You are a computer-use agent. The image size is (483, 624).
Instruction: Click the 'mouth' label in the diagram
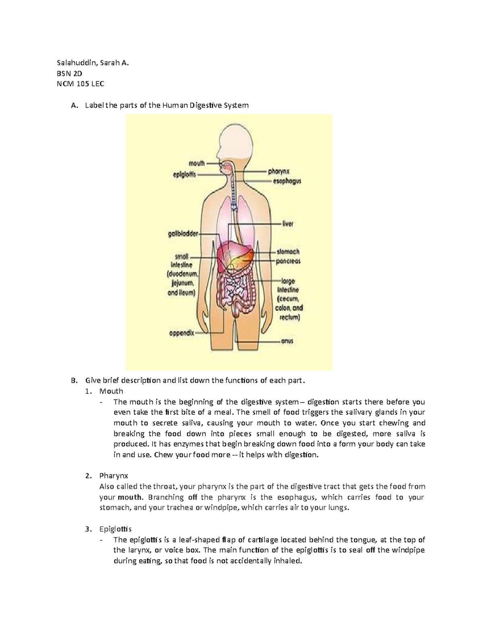coord(197,164)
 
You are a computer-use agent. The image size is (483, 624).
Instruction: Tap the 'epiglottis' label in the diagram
coord(182,175)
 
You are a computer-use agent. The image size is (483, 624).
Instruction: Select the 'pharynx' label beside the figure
coord(279,172)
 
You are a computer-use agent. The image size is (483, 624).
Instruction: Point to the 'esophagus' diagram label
coord(287,181)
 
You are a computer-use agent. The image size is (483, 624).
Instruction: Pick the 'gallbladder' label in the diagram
coord(183,233)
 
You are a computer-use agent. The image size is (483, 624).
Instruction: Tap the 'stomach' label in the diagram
coord(288,252)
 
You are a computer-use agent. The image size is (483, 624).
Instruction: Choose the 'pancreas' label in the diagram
coord(288,262)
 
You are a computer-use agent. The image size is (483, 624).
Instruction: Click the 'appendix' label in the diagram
coord(181,333)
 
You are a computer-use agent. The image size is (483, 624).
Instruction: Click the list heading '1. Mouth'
coord(111,391)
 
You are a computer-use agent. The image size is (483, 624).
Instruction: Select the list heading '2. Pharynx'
coord(114,476)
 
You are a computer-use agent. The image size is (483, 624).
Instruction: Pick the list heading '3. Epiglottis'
coord(115,529)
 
